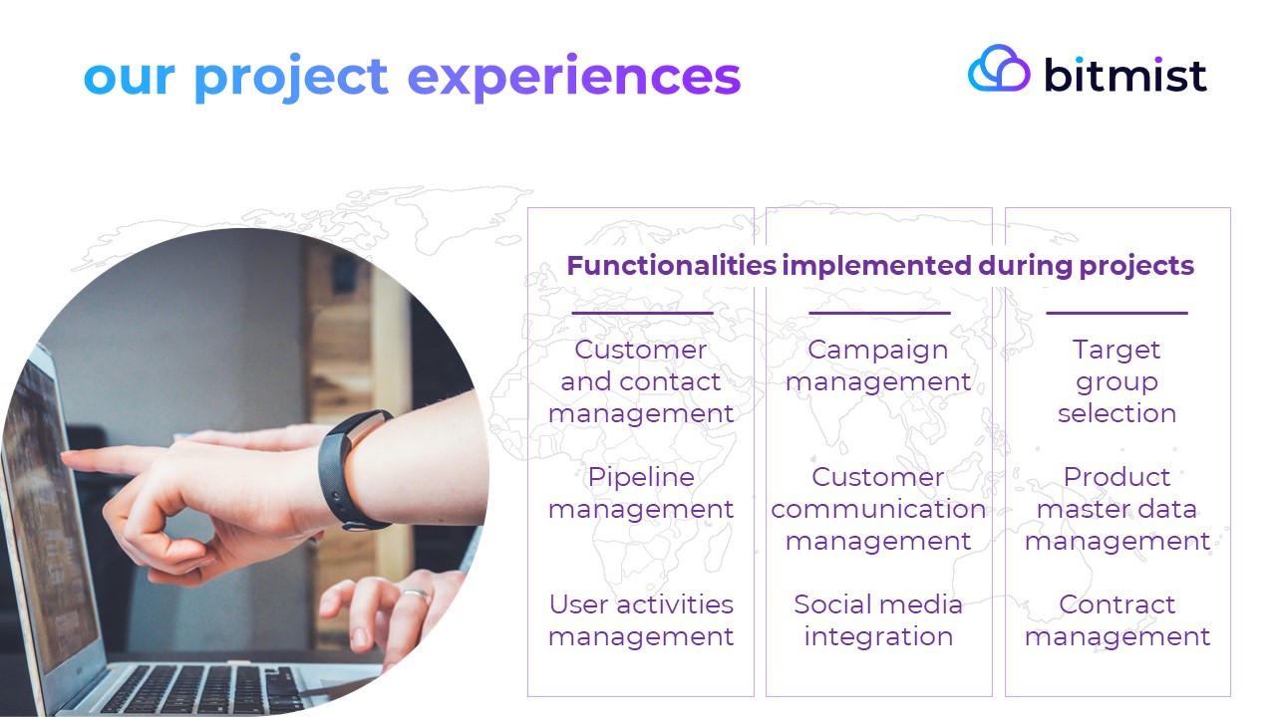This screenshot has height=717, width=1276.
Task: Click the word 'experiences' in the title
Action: [x=574, y=78]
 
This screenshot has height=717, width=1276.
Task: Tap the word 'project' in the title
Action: [x=291, y=78]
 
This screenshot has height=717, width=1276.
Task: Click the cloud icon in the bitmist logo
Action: [x=999, y=69]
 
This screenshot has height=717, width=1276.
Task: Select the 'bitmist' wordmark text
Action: [x=1125, y=75]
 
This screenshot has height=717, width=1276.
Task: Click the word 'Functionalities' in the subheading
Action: [x=672, y=266]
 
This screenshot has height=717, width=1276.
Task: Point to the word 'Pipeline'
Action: [x=641, y=477]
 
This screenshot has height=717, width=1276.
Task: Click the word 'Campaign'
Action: [x=878, y=350]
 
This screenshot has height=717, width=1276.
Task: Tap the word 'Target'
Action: [x=1116, y=350]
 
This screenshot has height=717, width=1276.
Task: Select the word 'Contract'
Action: [x=1117, y=604]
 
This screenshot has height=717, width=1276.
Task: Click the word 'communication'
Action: [x=878, y=509]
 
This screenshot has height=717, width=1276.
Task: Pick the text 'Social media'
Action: [x=878, y=604]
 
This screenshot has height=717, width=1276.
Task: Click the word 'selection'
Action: [x=1117, y=413]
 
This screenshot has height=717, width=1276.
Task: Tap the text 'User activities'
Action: [x=641, y=604]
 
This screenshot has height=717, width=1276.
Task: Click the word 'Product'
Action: [x=1117, y=477]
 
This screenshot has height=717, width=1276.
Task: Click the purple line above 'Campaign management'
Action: [x=879, y=313]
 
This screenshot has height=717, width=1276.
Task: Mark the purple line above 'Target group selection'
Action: [x=1117, y=313]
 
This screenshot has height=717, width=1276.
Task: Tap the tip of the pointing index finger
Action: [x=64, y=455]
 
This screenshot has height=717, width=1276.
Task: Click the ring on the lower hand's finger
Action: [x=417, y=596]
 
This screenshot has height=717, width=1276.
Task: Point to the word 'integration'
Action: [x=878, y=636]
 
